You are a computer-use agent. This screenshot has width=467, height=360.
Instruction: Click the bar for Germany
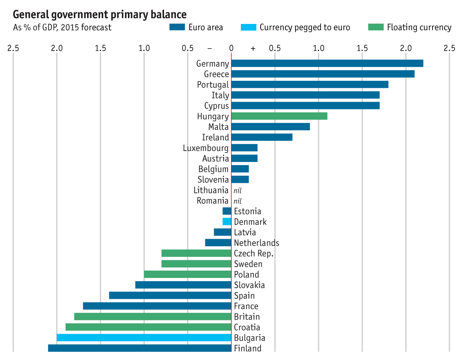[327, 64]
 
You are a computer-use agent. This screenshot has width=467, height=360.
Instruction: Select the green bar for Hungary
[279, 116]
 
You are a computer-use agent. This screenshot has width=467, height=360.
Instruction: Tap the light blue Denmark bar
[227, 222]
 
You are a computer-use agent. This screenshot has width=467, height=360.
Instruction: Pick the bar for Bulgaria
[144, 338]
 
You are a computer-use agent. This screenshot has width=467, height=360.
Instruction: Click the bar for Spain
[170, 296]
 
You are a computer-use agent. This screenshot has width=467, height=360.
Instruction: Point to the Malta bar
[270, 127]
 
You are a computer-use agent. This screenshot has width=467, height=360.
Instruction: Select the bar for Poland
[188, 275]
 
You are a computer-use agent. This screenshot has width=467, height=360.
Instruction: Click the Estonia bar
[227, 211]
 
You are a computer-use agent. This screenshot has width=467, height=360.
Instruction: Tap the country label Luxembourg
[206, 148]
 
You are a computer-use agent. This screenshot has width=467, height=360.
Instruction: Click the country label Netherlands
[257, 243]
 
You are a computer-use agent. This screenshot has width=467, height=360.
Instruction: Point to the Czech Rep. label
[254, 253]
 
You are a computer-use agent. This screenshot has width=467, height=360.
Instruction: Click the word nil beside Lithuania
[237, 191]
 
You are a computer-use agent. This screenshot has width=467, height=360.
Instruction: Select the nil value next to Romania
[237, 201]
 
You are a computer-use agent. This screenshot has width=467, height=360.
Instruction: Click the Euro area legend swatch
[177, 27]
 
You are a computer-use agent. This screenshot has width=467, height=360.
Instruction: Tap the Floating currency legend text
[419, 27]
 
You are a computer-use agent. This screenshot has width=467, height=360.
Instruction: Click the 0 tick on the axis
[232, 48]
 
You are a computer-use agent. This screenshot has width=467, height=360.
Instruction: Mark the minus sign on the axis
[210, 48]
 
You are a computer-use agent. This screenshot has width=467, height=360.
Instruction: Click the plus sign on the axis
[253, 48]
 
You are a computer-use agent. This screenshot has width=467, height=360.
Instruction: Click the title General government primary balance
[100, 15]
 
